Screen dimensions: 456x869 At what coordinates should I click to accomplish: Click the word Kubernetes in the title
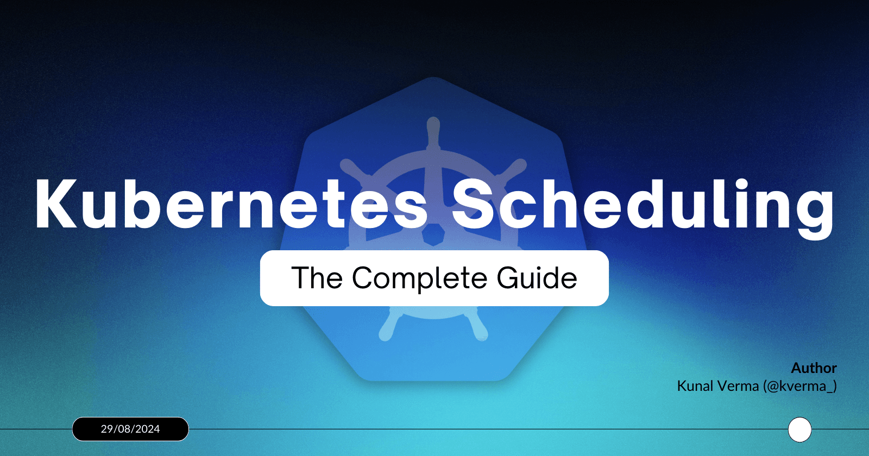coord(231,205)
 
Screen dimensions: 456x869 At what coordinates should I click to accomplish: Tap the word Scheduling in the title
coord(643,206)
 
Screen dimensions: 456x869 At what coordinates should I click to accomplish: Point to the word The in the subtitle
coord(317,278)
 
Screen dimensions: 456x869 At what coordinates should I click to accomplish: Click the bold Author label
coord(814,368)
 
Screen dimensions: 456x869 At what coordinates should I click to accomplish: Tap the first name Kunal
coord(695,386)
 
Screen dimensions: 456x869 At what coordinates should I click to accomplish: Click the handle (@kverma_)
coord(799,387)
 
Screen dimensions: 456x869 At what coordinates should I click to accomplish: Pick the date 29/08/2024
coord(130,429)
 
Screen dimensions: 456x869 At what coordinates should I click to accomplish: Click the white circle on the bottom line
coord(799,430)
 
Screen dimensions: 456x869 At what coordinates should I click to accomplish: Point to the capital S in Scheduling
coord(474,205)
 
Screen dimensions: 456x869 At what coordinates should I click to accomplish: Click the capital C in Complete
coord(366,278)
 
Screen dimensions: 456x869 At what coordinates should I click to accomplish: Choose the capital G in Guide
coord(508,278)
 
